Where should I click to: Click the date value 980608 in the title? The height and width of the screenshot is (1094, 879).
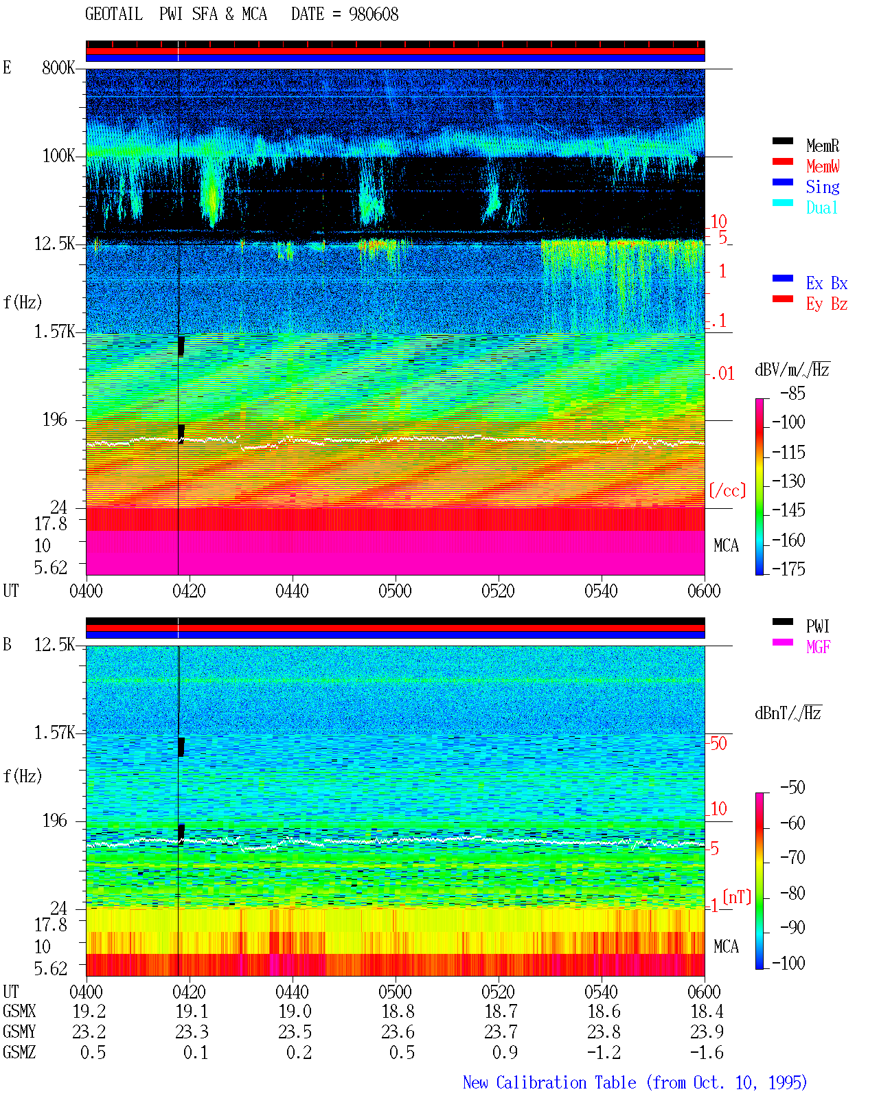click(x=373, y=14)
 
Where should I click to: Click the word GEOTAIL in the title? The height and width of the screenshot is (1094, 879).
click(x=114, y=14)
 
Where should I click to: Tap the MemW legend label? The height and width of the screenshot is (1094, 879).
click(x=822, y=166)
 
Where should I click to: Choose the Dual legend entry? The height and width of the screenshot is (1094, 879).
click(x=821, y=207)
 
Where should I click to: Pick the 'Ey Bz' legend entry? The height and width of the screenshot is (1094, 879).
click(x=826, y=304)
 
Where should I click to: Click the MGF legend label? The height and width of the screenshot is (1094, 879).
click(x=818, y=647)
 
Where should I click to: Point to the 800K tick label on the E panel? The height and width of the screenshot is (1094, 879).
click(x=58, y=67)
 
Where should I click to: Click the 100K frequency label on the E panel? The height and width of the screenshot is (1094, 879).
click(x=58, y=156)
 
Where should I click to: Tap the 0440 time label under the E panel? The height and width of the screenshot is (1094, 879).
click(x=292, y=591)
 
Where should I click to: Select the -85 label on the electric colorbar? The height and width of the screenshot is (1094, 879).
click(x=792, y=393)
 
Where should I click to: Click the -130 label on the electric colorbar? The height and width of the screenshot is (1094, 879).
click(x=788, y=481)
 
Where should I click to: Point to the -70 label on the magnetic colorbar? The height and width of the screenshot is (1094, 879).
click(x=792, y=857)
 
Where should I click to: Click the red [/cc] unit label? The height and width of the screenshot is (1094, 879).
click(x=727, y=490)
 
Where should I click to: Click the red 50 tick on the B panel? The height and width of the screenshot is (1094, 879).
click(x=718, y=743)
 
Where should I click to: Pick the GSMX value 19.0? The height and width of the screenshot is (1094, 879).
click(x=295, y=1011)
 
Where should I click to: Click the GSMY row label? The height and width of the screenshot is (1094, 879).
click(x=19, y=1032)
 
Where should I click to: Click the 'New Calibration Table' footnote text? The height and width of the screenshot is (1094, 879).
click(x=549, y=1082)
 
